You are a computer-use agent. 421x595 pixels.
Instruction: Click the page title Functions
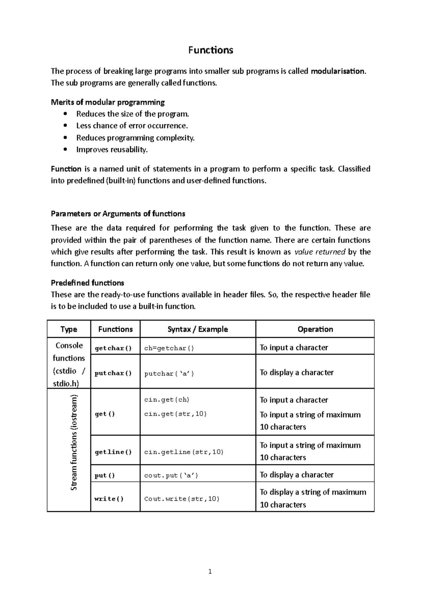click(210, 50)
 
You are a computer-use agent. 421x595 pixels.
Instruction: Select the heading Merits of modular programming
click(108, 102)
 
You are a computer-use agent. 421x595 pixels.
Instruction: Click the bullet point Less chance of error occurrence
click(132, 126)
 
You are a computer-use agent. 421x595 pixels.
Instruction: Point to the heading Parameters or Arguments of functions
click(118, 214)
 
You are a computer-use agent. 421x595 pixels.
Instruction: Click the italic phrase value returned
click(320, 252)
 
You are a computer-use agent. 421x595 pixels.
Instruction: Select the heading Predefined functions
click(87, 283)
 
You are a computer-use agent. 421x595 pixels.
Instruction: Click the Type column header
click(69, 329)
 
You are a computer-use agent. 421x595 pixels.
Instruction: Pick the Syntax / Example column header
click(198, 329)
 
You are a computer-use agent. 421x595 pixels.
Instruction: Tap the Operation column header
click(315, 329)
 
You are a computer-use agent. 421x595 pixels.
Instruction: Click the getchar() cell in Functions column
click(113, 348)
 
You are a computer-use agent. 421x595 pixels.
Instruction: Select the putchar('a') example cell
click(169, 374)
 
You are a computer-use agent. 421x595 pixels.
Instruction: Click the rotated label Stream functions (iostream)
click(74, 442)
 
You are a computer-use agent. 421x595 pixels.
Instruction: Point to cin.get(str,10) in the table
click(175, 414)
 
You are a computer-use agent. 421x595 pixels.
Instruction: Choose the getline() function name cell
click(113, 452)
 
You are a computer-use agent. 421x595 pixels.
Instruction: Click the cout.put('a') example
click(171, 476)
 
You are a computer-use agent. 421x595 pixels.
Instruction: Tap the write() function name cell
click(109, 499)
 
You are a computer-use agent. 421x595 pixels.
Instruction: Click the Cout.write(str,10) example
click(182, 499)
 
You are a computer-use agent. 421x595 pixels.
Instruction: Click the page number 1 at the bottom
click(210, 572)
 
